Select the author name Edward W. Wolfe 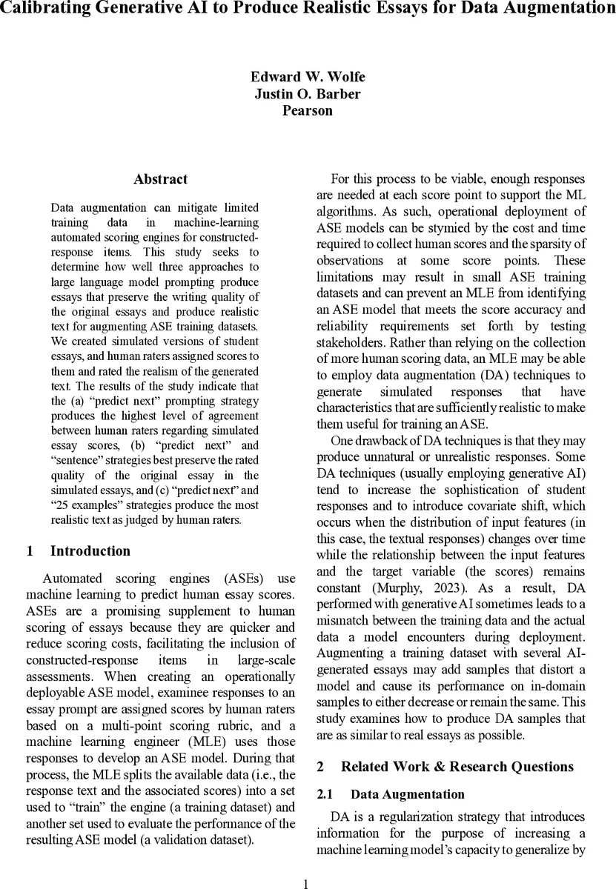point(308,77)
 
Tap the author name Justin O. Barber point(308,94)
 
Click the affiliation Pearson point(308,111)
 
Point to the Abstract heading point(160,179)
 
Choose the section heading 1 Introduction point(78,551)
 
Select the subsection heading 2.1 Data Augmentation point(391,794)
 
